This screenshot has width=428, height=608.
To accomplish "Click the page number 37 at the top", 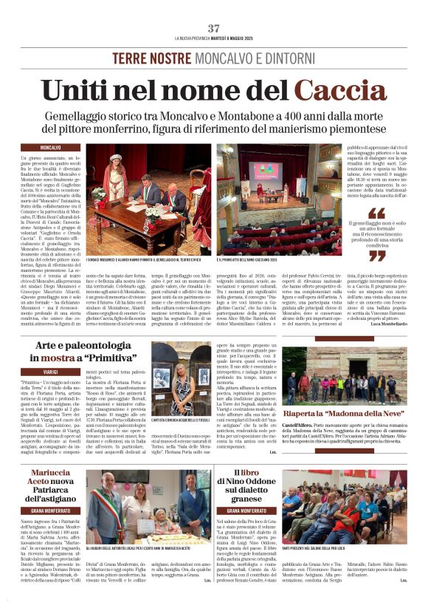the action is pyautogui.click(x=214, y=28).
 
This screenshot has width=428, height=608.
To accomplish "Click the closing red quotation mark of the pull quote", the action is pyautogui.click(x=376, y=256).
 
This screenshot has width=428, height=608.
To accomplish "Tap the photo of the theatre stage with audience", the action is pyautogui.click(x=278, y=199).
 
